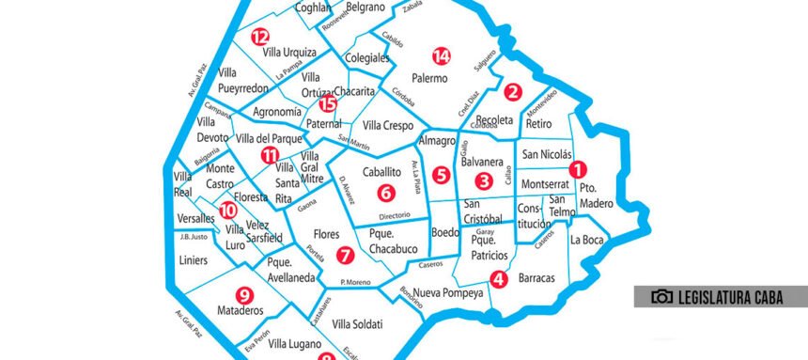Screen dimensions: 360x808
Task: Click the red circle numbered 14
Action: pyautogui.click(x=442, y=55)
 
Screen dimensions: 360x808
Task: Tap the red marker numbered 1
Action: pyautogui.click(x=579, y=170)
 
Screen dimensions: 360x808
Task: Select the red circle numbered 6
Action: pyautogui.click(x=383, y=193)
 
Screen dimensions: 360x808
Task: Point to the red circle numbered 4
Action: pyautogui.click(x=499, y=278)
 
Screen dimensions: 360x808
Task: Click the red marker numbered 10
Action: pyautogui.click(x=226, y=211)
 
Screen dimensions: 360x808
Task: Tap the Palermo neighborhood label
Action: pyautogui.click(x=429, y=79)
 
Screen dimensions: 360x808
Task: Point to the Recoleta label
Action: pyautogui.click(x=494, y=120)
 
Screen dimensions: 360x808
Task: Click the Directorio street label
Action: pyautogui.click(x=395, y=216)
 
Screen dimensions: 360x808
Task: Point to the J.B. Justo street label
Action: pyautogui.click(x=192, y=237)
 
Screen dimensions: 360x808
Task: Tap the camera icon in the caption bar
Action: pyautogui.click(x=662, y=297)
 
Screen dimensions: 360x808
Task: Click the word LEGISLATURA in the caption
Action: pyautogui.click(x=717, y=297)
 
